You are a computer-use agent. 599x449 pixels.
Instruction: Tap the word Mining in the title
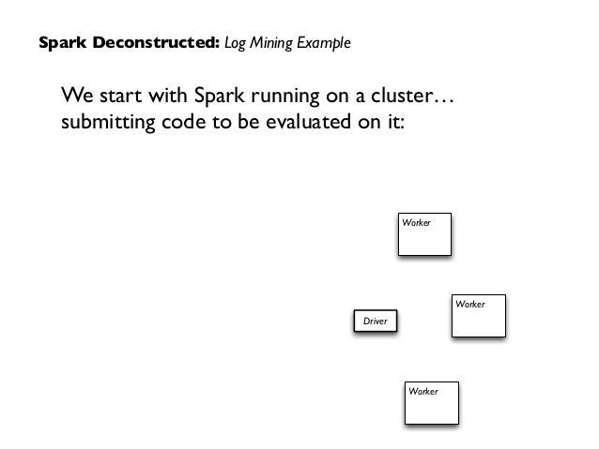tap(272, 44)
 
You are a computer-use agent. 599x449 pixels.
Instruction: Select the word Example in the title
tap(323, 44)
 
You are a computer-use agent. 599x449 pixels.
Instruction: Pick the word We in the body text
tap(78, 96)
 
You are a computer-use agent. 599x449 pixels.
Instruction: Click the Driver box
tap(375, 321)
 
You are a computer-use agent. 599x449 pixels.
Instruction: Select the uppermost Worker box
tap(424, 233)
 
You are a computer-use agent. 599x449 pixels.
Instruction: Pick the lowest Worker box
tap(431, 402)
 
